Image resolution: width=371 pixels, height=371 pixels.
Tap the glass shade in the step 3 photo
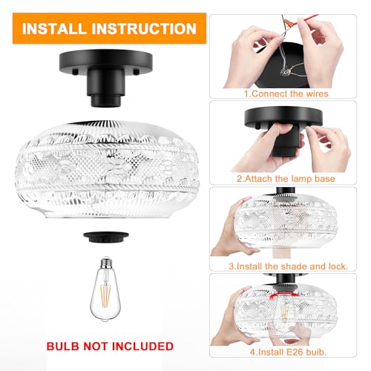[x=293, y=226]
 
